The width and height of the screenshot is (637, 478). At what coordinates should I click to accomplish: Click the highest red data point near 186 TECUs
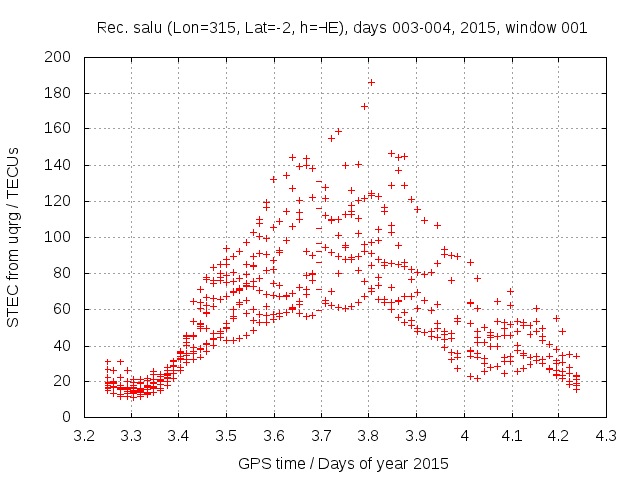(x=371, y=82)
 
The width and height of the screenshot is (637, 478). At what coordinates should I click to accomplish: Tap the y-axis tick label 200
(x=63, y=57)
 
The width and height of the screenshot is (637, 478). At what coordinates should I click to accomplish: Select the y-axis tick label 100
(x=63, y=237)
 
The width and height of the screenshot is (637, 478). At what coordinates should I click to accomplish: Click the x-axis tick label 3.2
(x=84, y=435)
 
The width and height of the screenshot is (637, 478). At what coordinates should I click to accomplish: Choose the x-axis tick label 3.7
(x=321, y=435)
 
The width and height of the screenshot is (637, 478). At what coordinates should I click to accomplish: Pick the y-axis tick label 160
(x=63, y=128)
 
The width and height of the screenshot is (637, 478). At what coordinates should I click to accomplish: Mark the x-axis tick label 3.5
(x=226, y=435)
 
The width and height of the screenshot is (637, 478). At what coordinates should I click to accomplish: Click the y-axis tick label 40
(x=67, y=345)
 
